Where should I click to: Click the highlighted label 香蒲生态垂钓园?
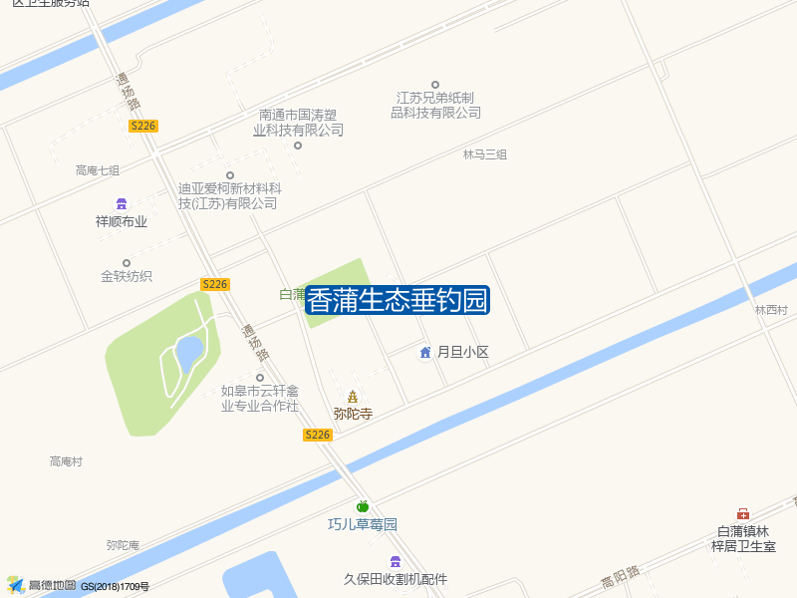coord(397,300)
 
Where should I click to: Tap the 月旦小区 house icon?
coord(425,352)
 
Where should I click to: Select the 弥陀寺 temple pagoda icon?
coord(353,397)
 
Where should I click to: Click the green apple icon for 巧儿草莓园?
coord(363,506)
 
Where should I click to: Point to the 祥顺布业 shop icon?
coord(122,203)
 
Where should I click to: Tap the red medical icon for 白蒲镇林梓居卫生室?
coord(743,513)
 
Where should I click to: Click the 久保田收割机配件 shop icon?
coord(396,561)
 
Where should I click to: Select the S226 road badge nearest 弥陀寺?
coord(317,435)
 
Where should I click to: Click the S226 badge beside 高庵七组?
coord(143,126)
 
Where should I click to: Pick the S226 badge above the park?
coord(215,284)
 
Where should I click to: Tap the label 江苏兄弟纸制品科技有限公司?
coord(435,105)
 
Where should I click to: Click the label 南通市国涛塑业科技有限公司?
coord(298,122)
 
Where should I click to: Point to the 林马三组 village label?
coord(485,154)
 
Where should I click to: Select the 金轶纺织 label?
coord(127,276)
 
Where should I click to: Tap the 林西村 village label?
coord(771,311)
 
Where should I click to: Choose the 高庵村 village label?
coord(67,461)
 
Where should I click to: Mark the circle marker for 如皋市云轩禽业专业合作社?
coord(260,378)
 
